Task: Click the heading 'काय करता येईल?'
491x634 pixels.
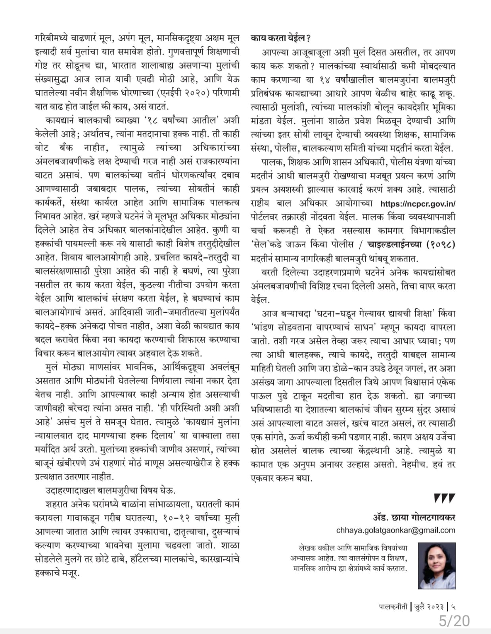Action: [x=280, y=38]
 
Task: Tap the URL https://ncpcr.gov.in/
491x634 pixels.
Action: [x=418, y=204]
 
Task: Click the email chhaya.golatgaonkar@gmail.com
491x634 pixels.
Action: [x=395, y=530]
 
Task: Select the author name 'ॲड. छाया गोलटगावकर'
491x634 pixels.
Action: [x=414, y=517]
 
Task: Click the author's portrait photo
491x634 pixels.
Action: [x=437, y=565]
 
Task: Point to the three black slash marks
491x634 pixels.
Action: [x=444, y=498]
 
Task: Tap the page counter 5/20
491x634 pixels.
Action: [x=454, y=621]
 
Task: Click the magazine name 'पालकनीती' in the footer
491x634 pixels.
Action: [x=392, y=607]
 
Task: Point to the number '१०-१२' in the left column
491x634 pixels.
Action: [x=169, y=518]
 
